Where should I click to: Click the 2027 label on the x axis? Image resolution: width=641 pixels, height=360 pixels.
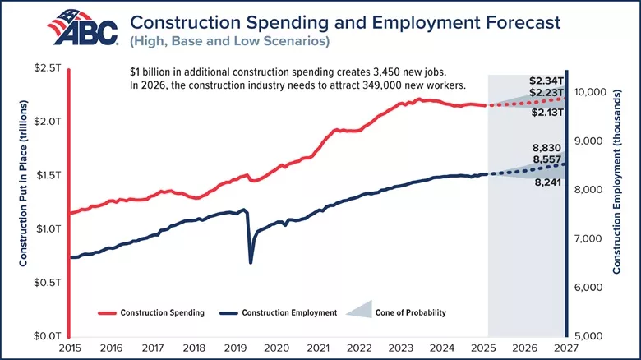(565, 348)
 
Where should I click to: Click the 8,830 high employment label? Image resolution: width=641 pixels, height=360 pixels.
(546, 148)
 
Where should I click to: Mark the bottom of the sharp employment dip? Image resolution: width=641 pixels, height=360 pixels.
(251, 262)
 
